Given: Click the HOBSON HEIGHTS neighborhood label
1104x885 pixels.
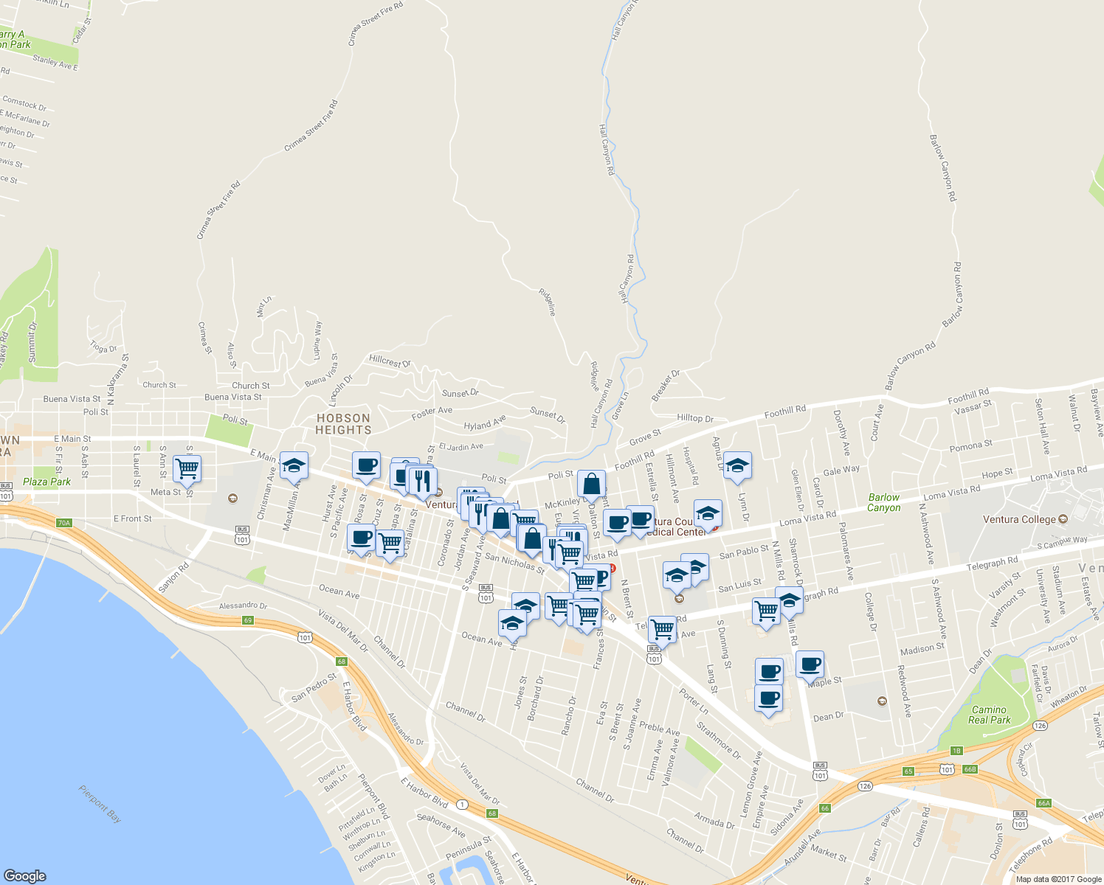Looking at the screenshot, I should (x=343, y=424).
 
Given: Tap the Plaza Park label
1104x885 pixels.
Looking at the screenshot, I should (x=46, y=482).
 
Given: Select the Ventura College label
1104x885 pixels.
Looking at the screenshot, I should (x=1019, y=520).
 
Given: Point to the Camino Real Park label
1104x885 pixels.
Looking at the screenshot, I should (x=989, y=715).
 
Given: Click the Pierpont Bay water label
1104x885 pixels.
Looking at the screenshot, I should (x=100, y=804).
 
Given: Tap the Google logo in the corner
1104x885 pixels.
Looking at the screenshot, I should (x=24, y=876).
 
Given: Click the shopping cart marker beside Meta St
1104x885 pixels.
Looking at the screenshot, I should (x=187, y=468).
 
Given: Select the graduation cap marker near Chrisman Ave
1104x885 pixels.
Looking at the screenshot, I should (x=294, y=465).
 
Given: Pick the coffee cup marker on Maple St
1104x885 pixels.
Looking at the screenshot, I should (x=810, y=664).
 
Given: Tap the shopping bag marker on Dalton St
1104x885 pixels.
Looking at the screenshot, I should (x=591, y=485).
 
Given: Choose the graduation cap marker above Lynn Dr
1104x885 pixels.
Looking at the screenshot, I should (x=737, y=465).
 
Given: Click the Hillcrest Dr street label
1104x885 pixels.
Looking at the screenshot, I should (x=390, y=362).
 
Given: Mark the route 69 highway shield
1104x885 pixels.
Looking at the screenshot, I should (x=248, y=620).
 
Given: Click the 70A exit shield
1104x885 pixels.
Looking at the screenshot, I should (x=64, y=523).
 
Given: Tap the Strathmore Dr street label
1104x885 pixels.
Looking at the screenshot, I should (x=719, y=741).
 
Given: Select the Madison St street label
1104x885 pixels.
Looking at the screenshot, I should (x=922, y=649).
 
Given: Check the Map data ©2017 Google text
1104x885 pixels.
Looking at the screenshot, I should (x=1058, y=879).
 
